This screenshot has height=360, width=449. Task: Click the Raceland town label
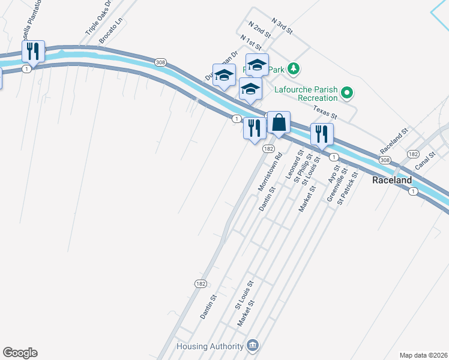tap(392, 180)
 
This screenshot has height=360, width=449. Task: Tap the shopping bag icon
tap(279, 123)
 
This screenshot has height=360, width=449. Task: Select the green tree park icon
tap(294, 69)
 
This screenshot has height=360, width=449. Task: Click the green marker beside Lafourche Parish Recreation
tap(346, 93)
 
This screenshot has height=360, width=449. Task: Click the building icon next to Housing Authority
tap(253, 346)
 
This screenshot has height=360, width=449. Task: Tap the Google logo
tap(20, 353)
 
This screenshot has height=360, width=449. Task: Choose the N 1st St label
tap(251, 42)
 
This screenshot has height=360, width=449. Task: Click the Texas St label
tap(325, 111)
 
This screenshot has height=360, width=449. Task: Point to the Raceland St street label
tap(394, 140)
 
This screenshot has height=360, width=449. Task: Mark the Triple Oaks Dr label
tap(99, 18)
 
